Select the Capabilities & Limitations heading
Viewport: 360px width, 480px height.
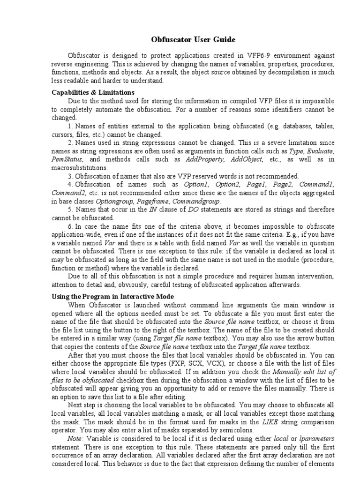(x=93, y=92)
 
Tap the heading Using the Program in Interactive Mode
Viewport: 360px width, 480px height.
(x=112, y=297)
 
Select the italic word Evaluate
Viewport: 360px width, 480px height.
(x=319, y=151)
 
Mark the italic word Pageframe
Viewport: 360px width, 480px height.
(x=134, y=201)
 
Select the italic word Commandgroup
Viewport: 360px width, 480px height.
(x=174, y=201)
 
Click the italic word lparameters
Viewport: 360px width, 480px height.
(x=317, y=438)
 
